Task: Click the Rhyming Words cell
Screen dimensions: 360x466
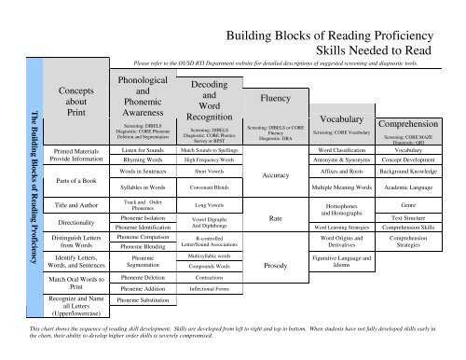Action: (x=144, y=160)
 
